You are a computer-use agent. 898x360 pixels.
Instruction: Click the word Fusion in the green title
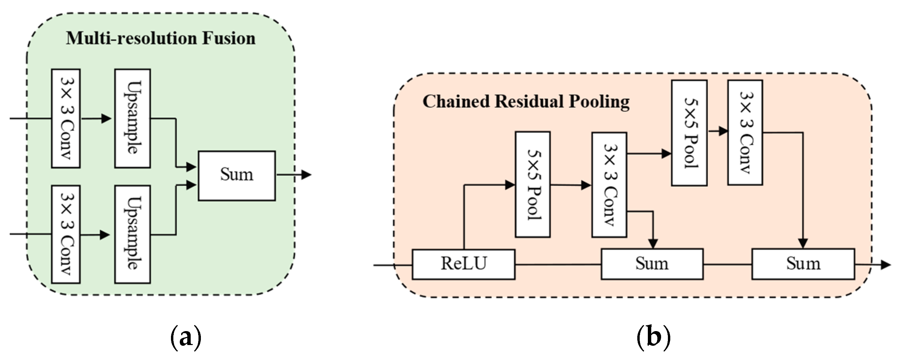pos(229,38)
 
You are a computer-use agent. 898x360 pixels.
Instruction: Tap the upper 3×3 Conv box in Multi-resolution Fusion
pos(66,119)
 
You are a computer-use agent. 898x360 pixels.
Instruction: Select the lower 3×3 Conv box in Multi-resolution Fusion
pos(66,234)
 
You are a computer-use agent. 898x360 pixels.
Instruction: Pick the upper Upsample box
pos(133,119)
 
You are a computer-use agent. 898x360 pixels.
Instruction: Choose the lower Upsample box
pos(133,234)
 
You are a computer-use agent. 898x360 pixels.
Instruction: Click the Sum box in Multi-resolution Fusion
pos(237,176)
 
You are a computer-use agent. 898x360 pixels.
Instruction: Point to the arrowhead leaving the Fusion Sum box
pos(306,175)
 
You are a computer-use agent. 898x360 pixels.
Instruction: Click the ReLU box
pos(464,264)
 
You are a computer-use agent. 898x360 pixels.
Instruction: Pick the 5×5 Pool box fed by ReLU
pos(533,185)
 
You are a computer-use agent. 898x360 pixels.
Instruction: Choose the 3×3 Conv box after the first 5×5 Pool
pos(609,185)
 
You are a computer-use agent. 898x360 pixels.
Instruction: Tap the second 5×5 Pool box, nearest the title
pos(689,133)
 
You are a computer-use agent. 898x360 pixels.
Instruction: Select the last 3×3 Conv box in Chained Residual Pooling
pos(745,133)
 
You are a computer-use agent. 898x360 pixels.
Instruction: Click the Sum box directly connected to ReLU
pos(652,264)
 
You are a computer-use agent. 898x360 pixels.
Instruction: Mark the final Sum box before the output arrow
pos(803,264)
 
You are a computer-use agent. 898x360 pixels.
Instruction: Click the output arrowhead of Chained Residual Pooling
pos(886,265)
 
